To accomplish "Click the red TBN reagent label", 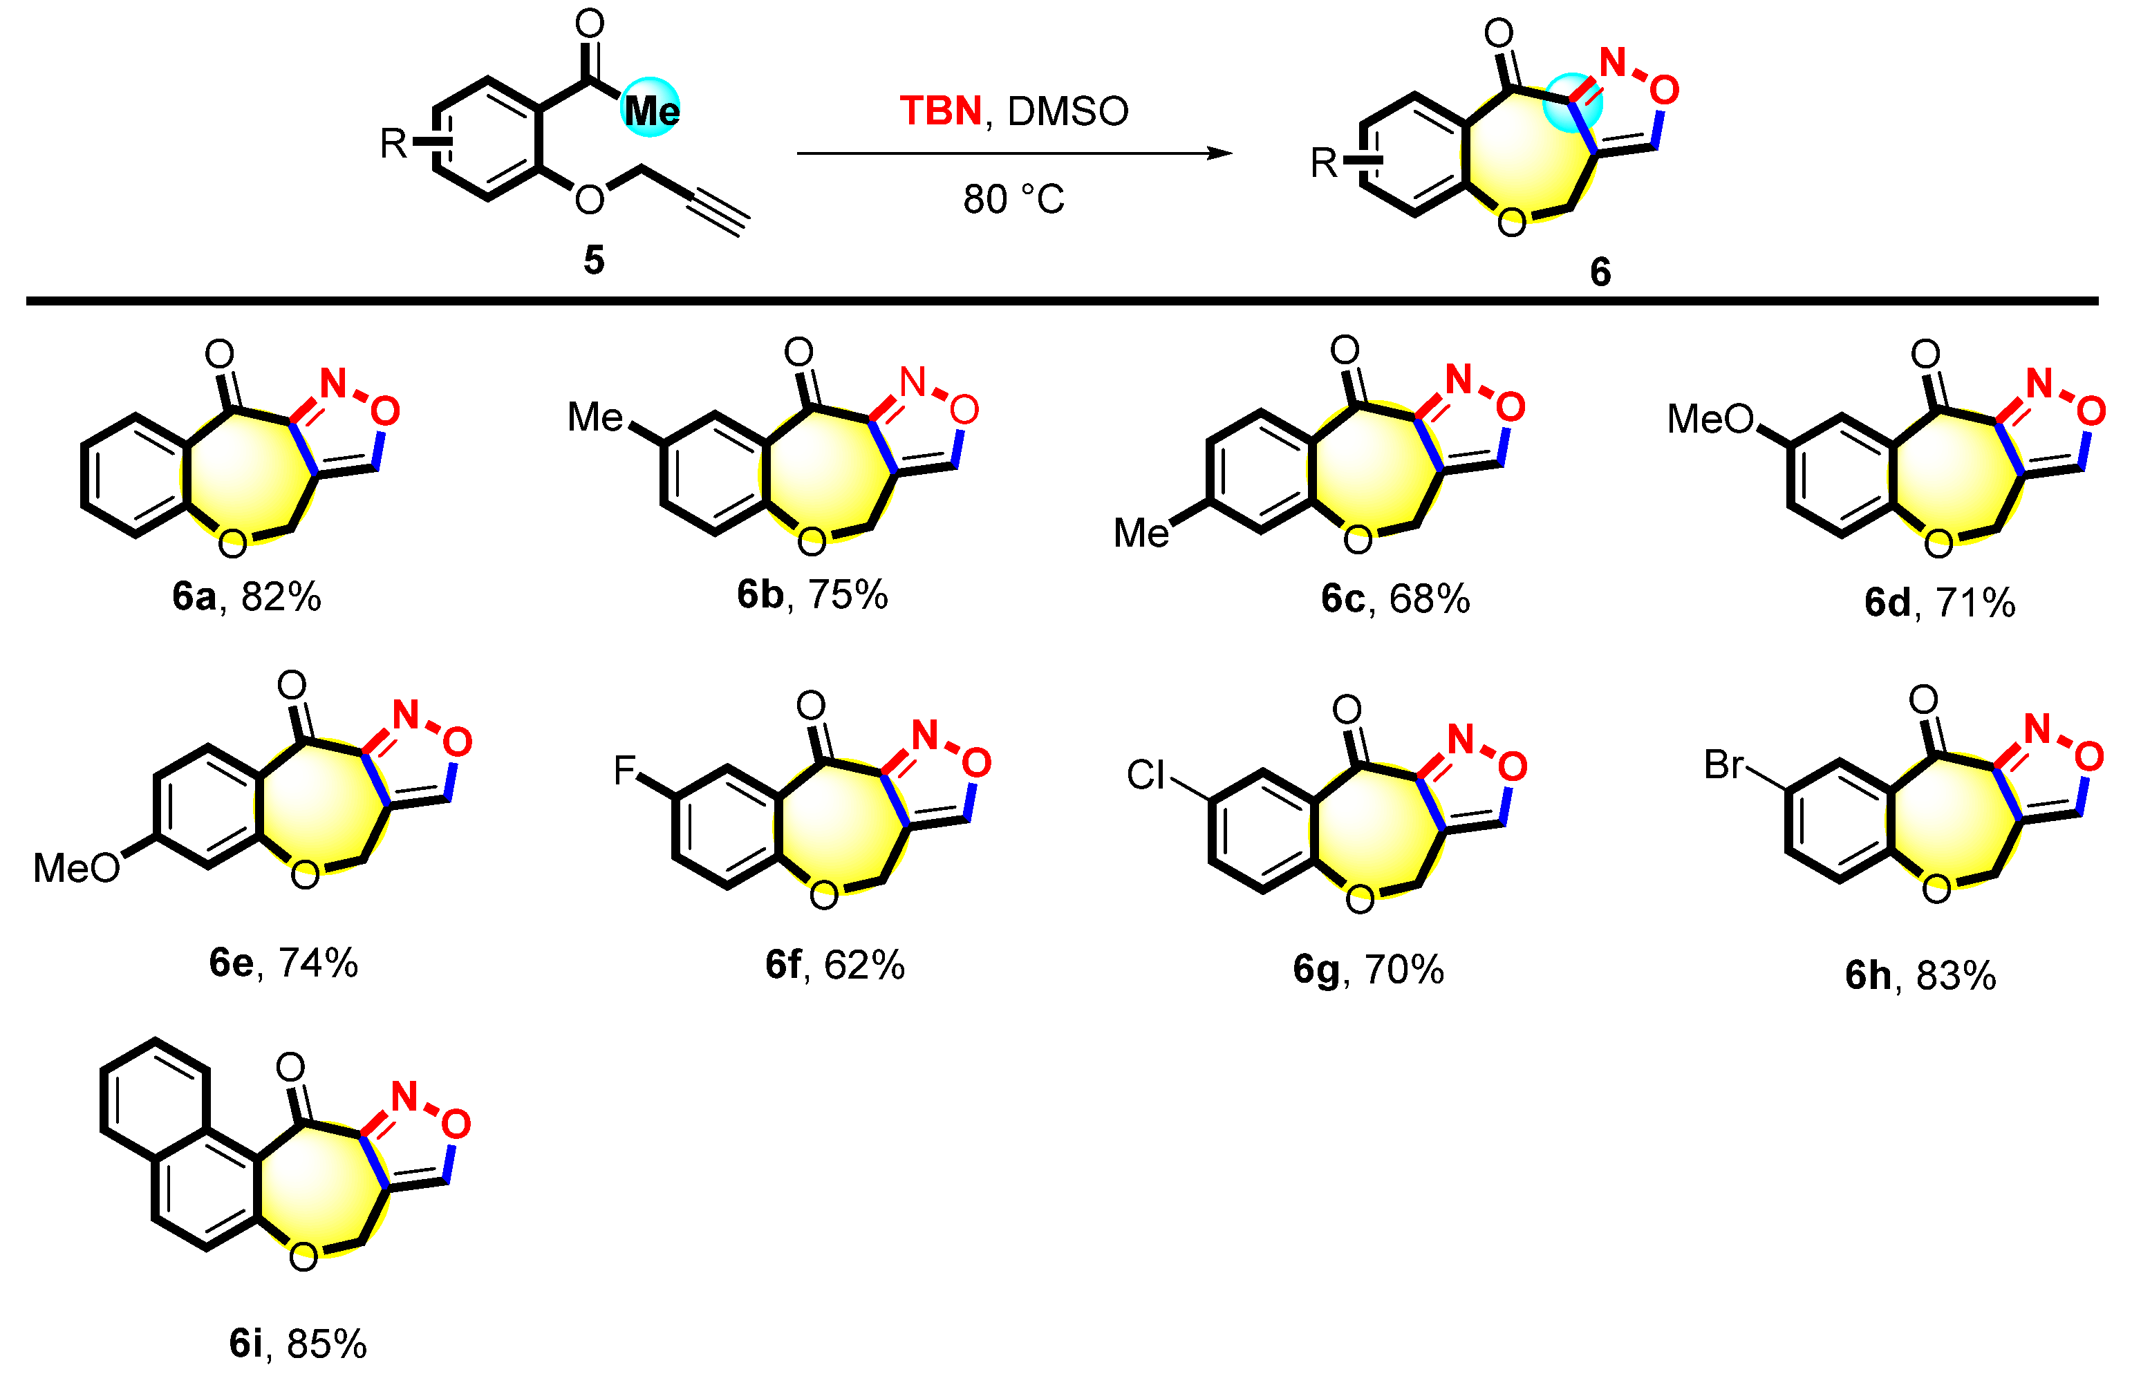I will [940, 112].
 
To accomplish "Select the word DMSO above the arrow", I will [1068, 112].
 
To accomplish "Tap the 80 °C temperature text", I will [1013, 199].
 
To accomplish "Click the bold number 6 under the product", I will [1600, 272].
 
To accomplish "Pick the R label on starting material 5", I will [393, 143].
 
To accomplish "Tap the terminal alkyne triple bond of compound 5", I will [718, 211].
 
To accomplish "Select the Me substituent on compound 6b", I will [595, 417].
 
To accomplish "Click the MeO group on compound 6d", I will [1710, 419].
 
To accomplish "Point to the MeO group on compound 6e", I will [76, 867].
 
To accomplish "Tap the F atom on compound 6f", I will [624, 770].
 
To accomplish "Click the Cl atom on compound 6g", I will [1146, 775].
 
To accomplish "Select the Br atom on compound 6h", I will [1723, 765].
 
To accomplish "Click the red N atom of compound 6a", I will [333, 384].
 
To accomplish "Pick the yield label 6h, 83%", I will [1920, 976].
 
